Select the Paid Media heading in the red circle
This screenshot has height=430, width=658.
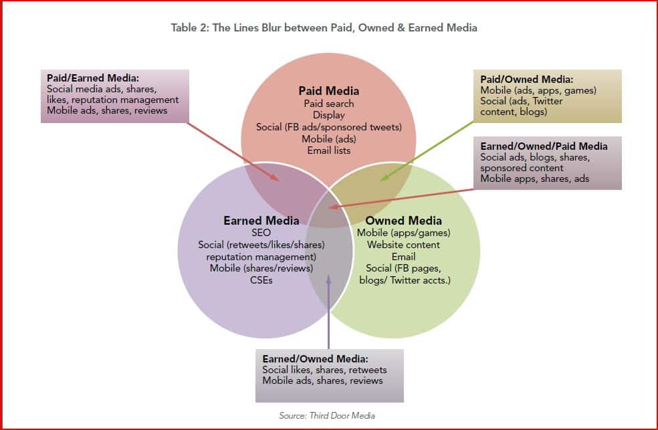[x=328, y=91]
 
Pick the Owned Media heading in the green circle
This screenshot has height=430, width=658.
[x=404, y=221]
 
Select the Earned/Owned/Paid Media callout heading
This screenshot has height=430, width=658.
[x=544, y=146]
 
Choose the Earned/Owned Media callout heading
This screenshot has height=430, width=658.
[x=315, y=359]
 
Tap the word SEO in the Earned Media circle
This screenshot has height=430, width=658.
[x=260, y=233]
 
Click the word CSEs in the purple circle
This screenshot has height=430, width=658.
[x=260, y=280]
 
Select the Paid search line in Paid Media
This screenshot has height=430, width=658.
[x=328, y=104]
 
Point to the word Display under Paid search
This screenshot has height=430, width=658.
[x=328, y=115]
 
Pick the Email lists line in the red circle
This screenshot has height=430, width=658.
[x=328, y=150]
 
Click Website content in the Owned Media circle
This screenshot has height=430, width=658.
[x=404, y=245]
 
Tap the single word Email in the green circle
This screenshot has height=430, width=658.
[x=404, y=256]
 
